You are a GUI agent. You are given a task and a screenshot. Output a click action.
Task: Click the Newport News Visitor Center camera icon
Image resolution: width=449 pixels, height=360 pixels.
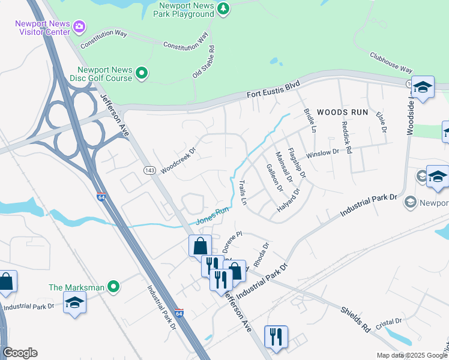79,27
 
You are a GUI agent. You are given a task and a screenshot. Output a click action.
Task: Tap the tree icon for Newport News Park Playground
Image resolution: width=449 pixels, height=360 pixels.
223,8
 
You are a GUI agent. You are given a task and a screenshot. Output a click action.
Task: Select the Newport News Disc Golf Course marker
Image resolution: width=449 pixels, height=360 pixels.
142,74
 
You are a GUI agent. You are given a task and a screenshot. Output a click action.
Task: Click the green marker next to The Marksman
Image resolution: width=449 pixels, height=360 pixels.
112,287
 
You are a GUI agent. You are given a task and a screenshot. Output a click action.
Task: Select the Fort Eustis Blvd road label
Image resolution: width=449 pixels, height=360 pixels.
273,91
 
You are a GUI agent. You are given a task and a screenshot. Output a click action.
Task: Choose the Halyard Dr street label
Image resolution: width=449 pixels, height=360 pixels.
288,203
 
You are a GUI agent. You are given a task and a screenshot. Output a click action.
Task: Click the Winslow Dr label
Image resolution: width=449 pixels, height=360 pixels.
322,153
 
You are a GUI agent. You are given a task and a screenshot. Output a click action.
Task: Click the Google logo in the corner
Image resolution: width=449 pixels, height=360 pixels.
20,353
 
